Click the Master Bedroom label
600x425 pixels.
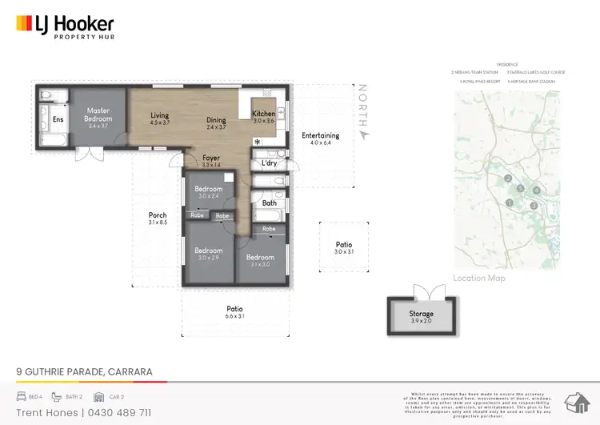click(x=98, y=114)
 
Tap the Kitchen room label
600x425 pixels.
click(x=263, y=114)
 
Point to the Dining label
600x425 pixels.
click(x=216, y=120)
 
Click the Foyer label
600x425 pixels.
click(x=211, y=158)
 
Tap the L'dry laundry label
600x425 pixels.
click(x=270, y=163)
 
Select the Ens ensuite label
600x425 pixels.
click(x=58, y=119)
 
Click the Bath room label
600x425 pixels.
click(x=269, y=203)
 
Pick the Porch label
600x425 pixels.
click(x=158, y=215)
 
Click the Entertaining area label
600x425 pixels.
click(x=321, y=135)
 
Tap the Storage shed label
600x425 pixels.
click(x=422, y=314)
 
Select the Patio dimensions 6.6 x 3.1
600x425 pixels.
click(x=234, y=317)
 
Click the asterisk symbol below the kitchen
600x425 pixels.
click(x=257, y=142)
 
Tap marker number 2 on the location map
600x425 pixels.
click(x=508, y=178)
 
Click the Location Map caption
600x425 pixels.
click(x=479, y=279)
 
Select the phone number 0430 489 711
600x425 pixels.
click(x=117, y=412)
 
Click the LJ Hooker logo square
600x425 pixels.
click(x=22, y=24)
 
